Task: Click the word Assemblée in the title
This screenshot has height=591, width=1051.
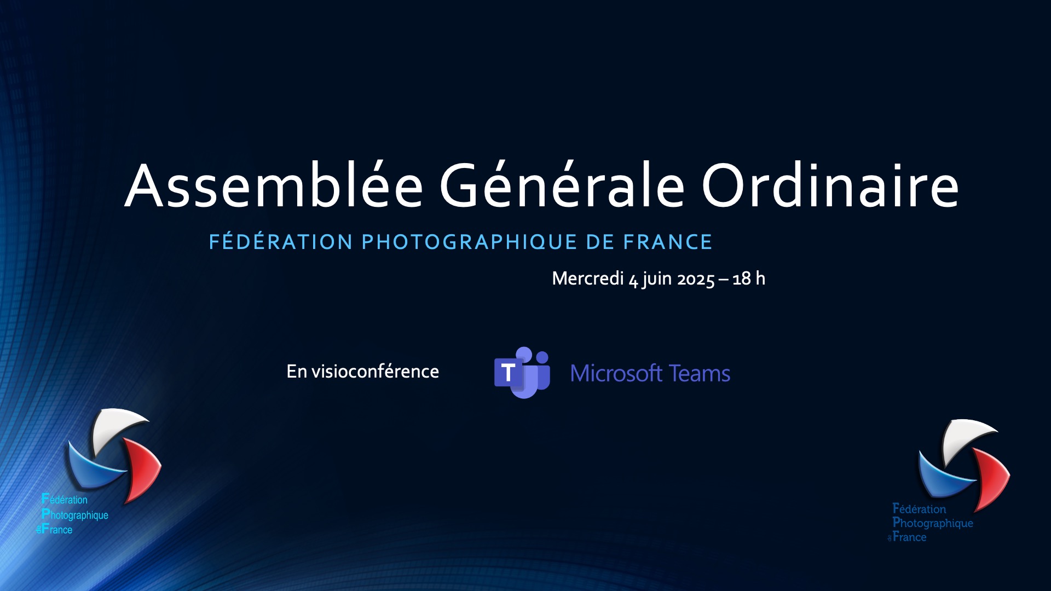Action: [274, 186]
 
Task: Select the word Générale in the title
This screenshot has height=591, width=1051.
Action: [562, 184]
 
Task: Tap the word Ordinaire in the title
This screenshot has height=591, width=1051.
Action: [830, 186]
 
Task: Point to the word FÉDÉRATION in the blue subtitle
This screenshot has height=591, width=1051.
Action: [281, 241]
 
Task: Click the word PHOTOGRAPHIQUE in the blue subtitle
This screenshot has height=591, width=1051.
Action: [470, 241]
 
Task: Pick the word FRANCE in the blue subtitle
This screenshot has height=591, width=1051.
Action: [668, 241]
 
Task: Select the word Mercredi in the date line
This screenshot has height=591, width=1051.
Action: [588, 279]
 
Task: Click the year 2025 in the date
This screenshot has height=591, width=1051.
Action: [696, 279]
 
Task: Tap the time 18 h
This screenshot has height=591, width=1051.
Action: [749, 279]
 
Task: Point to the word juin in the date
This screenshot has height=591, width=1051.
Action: [657, 279]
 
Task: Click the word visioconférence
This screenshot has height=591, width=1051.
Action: [375, 372]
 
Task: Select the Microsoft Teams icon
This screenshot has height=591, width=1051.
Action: [522, 373]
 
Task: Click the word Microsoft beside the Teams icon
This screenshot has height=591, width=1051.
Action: [616, 373]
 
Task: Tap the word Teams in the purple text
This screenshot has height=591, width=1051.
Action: [700, 373]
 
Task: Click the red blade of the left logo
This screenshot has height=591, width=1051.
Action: [143, 468]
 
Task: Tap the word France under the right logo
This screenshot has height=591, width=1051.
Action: [909, 537]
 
